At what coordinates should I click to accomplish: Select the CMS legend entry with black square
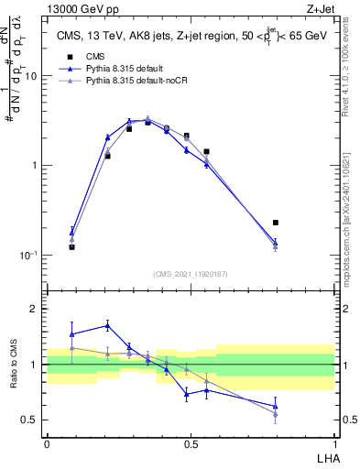(70, 57)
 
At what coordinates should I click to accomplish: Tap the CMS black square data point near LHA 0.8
(276, 223)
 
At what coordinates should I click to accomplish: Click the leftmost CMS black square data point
(71, 246)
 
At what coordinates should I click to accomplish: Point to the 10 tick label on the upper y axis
(32, 77)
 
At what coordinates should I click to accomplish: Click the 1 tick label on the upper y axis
(36, 166)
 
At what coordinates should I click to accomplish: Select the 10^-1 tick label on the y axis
(30, 256)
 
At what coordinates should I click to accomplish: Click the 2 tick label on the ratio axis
(36, 310)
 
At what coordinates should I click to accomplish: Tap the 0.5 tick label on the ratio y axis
(31, 420)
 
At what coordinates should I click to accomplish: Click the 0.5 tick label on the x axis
(190, 444)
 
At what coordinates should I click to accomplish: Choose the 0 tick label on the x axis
(46, 444)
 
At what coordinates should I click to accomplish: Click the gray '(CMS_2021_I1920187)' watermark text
(190, 275)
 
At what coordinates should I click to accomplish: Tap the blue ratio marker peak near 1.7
(108, 325)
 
